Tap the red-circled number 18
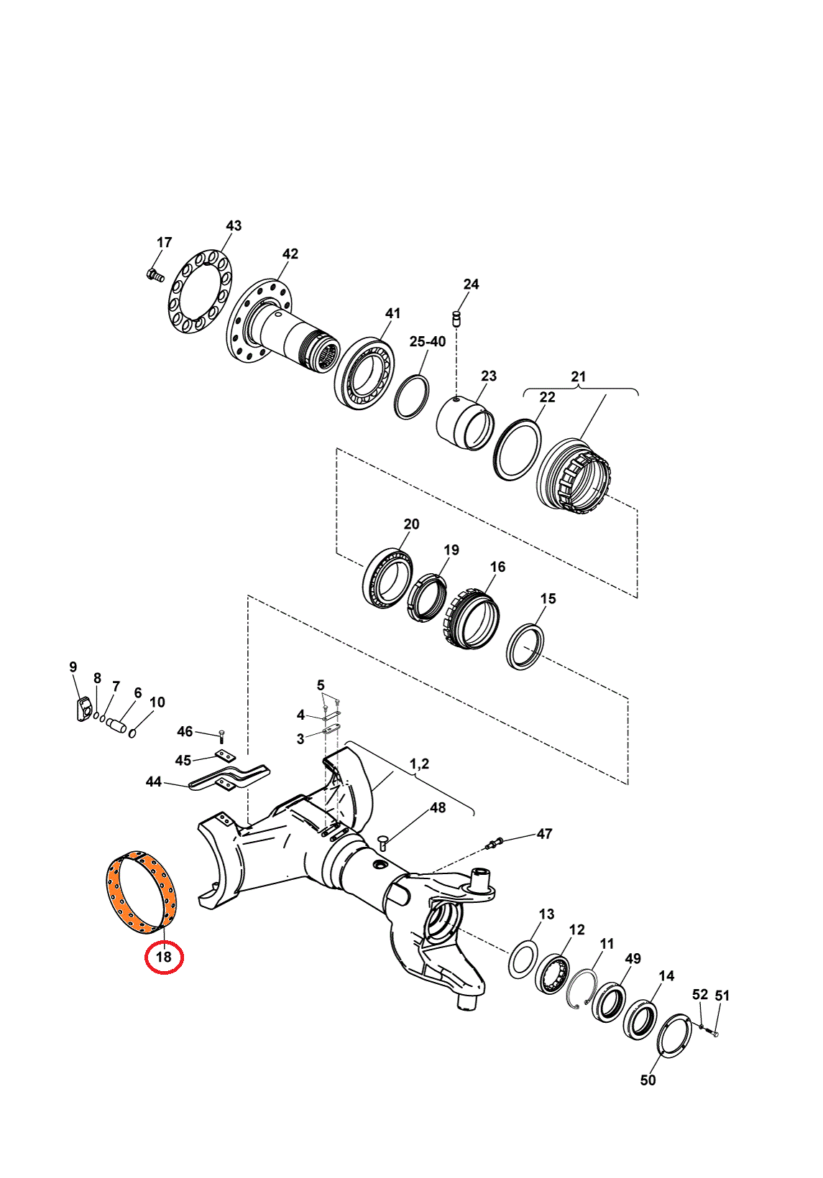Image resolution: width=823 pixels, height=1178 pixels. (x=164, y=957)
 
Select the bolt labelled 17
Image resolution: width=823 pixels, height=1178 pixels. (x=155, y=275)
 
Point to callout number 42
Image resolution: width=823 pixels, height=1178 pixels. (x=290, y=254)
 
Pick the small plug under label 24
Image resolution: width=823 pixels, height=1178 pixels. (x=456, y=318)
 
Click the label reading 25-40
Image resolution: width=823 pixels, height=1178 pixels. (x=427, y=342)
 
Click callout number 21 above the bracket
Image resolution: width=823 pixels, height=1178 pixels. (x=579, y=376)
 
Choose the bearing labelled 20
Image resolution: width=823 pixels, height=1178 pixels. (x=388, y=579)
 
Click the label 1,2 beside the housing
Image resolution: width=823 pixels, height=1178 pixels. (x=419, y=764)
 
